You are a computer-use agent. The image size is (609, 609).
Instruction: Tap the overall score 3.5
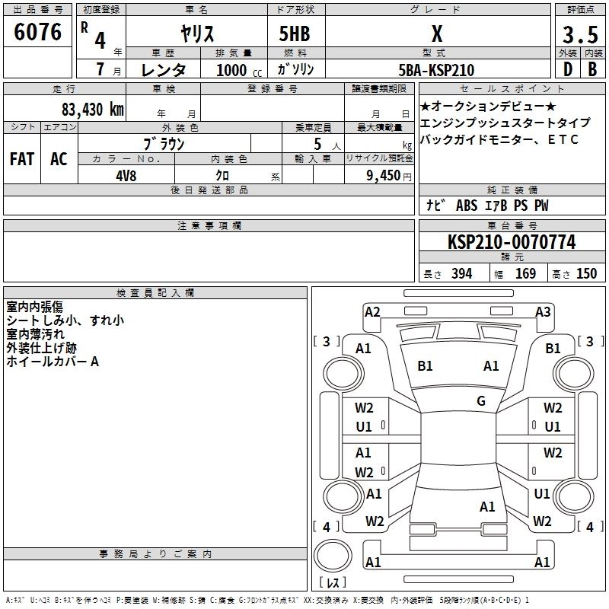(x=579, y=34)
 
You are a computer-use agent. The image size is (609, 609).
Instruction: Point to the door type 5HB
(x=289, y=34)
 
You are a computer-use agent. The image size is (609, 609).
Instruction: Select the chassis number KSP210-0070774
(x=511, y=242)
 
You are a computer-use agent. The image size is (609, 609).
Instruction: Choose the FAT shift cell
(x=21, y=158)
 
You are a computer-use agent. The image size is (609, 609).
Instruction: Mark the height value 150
(x=586, y=274)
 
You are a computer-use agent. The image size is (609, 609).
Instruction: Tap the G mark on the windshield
(x=481, y=400)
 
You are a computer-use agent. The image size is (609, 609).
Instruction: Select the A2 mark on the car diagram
(x=372, y=311)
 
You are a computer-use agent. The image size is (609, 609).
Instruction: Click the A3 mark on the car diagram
(x=543, y=311)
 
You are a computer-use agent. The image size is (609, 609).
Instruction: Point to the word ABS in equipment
(x=467, y=206)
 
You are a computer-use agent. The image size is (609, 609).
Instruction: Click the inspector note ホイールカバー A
(x=53, y=362)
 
